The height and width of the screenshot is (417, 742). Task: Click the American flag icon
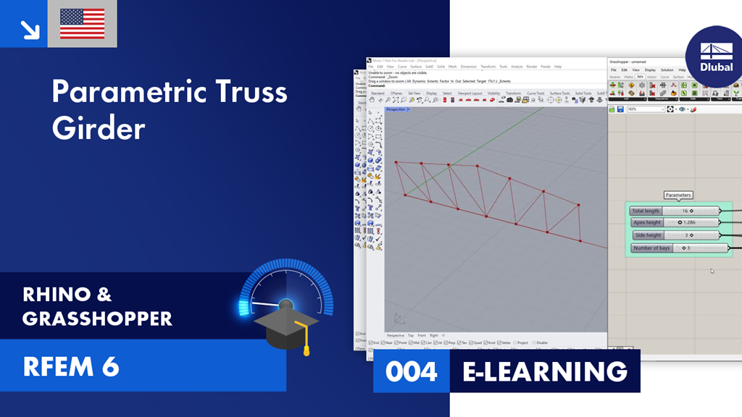point(82,23)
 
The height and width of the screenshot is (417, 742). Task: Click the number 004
point(411,371)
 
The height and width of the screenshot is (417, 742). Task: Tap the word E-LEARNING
point(545,371)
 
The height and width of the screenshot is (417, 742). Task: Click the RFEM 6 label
point(70,366)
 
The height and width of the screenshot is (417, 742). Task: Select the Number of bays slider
point(700,248)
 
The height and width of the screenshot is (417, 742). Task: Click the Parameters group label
point(678,195)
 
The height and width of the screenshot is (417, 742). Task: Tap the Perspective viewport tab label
point(396,109)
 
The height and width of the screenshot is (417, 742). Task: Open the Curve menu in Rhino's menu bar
point(402,67)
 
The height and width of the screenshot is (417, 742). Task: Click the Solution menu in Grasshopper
point(666,70)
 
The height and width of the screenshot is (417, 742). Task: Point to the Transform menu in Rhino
point(488,67)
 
